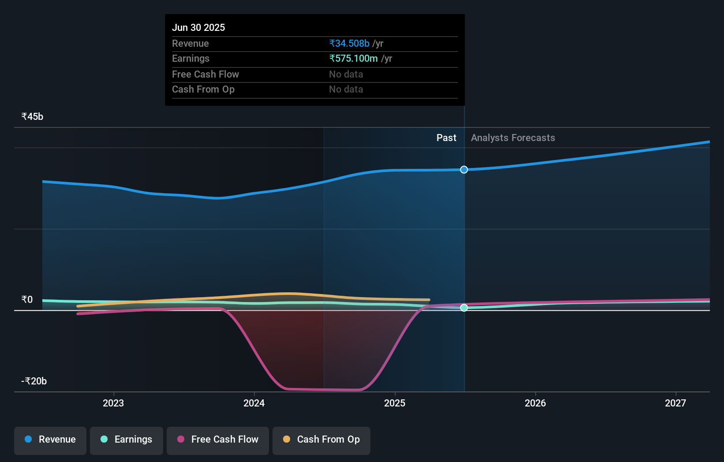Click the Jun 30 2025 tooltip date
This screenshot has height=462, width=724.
[198, 27]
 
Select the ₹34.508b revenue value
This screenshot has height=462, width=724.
[349, 43]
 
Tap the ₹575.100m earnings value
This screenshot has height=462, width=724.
[354, 58]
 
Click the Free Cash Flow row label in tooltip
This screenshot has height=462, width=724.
[205, 74]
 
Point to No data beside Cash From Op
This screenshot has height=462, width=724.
[346, 89]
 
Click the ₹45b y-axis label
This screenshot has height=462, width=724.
[32, 116]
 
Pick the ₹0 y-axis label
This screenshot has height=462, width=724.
[27, 299]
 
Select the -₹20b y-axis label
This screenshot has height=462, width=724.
[34, 381]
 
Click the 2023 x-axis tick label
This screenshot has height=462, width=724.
[113, 403]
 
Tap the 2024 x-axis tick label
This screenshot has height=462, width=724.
[254, 403]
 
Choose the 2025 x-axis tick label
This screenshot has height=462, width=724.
[395, 403]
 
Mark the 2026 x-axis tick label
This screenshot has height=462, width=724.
[535, 403]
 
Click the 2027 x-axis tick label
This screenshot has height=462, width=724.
[675, 403]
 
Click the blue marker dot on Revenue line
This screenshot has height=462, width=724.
[464, 170]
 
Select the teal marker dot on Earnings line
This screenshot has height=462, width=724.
[464, 308]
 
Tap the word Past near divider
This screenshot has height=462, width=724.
[446, 138]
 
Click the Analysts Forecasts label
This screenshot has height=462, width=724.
[513, 138]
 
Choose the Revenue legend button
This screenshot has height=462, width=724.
[50, 440]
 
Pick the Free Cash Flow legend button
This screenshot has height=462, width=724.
[218, 440]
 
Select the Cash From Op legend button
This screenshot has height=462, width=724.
[321, 440]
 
